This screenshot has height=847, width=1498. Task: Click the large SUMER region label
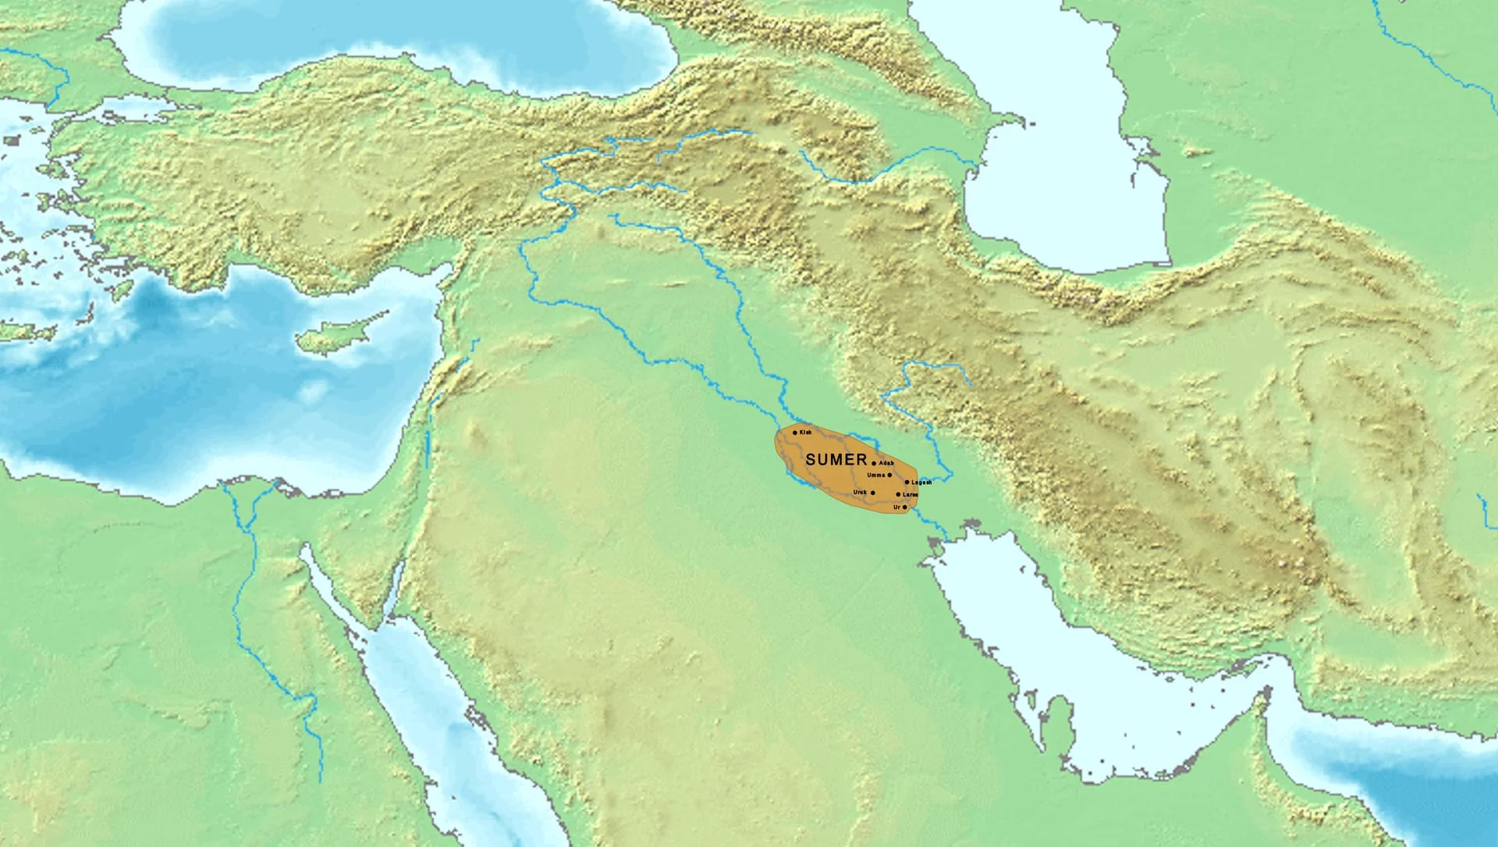point(836,460)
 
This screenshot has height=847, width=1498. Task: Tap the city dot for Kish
point(795,432)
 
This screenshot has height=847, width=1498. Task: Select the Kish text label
point(806,432)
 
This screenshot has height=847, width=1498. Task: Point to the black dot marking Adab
point(873,463)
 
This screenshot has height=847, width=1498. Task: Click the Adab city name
point(886,463)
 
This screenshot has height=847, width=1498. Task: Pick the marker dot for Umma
point(889,475)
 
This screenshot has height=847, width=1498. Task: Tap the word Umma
point(876,475)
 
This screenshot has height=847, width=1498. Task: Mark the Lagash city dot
point(907,482)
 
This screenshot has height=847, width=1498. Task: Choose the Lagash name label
point(921,482)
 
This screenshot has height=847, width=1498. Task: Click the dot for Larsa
point(898,494)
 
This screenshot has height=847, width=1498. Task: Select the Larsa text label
point(910,494)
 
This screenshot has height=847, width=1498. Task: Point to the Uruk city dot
point(872,493)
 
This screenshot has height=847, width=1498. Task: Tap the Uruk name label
point(860,493)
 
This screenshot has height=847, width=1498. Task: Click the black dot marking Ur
point(904,507)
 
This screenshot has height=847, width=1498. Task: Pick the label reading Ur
point(896,507)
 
